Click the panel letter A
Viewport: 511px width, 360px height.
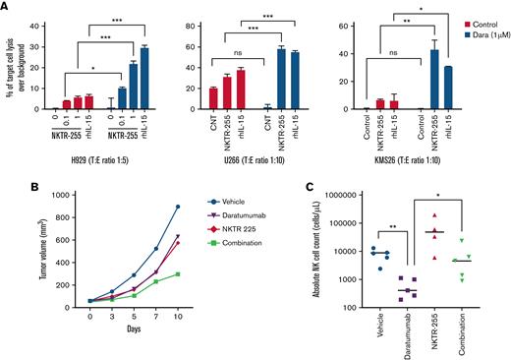[x=7, y=7]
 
